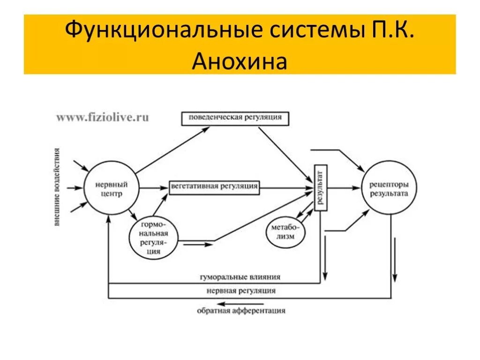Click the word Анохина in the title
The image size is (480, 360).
click(239, 60)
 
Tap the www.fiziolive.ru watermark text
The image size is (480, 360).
click(102, 118)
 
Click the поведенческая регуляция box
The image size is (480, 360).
click(235, 118)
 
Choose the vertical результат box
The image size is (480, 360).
click(321, 188)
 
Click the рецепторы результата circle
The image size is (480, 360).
click(389, 188)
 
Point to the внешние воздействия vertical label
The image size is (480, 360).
click(57, 187)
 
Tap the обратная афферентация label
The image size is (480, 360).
click(241, 310)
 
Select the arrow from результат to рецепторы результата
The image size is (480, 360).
click(345, 188)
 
